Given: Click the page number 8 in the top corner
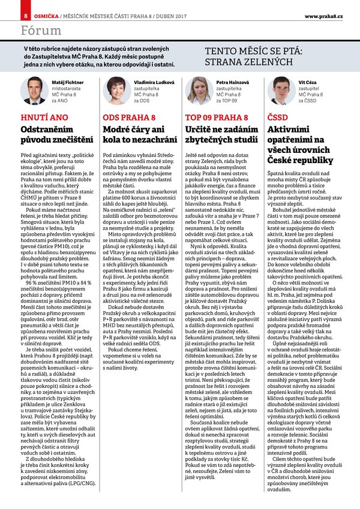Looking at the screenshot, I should [9, 14].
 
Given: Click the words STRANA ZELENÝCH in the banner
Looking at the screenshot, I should [249, 62].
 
